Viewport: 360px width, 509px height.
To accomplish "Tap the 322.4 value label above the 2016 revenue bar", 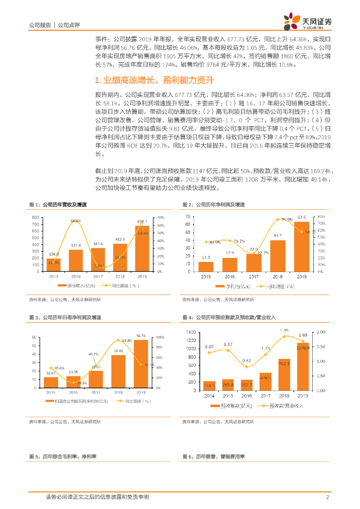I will pos(76,245).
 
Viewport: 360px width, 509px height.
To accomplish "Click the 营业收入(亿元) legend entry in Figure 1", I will pos(76,286).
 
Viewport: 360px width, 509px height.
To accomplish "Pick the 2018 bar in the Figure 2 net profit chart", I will pos(278,254).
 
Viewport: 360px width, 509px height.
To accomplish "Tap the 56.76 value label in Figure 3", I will pos(141,336).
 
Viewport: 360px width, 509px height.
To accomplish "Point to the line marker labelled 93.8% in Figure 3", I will pos(118,340).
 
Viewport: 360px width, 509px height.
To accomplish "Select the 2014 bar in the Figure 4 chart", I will pos(209,385).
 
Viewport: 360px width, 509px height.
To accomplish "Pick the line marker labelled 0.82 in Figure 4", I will pos(247,367).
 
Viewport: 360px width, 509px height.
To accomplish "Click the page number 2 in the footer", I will pos(328,497).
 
